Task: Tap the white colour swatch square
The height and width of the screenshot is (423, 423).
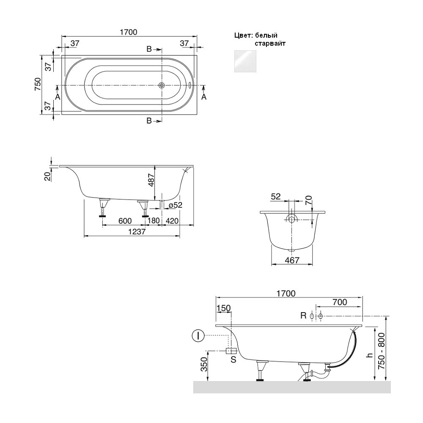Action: click(x=245, y=61)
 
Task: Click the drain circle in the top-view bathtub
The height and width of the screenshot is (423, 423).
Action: click(x=162, y=85)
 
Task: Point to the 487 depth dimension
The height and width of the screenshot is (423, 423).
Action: click(x=151, y=180)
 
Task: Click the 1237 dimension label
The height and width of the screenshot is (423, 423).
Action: click(x=137, y=232)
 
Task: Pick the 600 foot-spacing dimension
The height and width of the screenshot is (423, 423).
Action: click(x=125, y=221)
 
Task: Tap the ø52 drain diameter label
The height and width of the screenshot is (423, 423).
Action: click(x=176, y=205)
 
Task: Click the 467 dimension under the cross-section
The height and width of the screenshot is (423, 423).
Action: click(x=292, y=260)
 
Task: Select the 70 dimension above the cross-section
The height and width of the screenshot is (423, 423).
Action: click(x=309, y=200)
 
